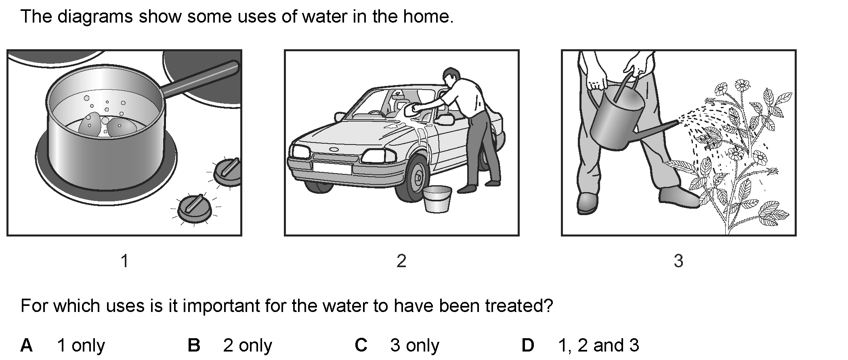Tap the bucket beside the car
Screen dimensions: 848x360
tap(437, 199)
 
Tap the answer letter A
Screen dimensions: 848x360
tap(27, 345)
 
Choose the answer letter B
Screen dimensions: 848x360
tap(194, 345)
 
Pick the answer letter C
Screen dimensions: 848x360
tap(361, 345)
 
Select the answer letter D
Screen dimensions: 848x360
tap(528, 345)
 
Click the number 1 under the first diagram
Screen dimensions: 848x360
tap(125, 261)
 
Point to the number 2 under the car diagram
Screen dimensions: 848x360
tap(401, 261)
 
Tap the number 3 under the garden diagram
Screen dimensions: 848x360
tap(678, 261)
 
